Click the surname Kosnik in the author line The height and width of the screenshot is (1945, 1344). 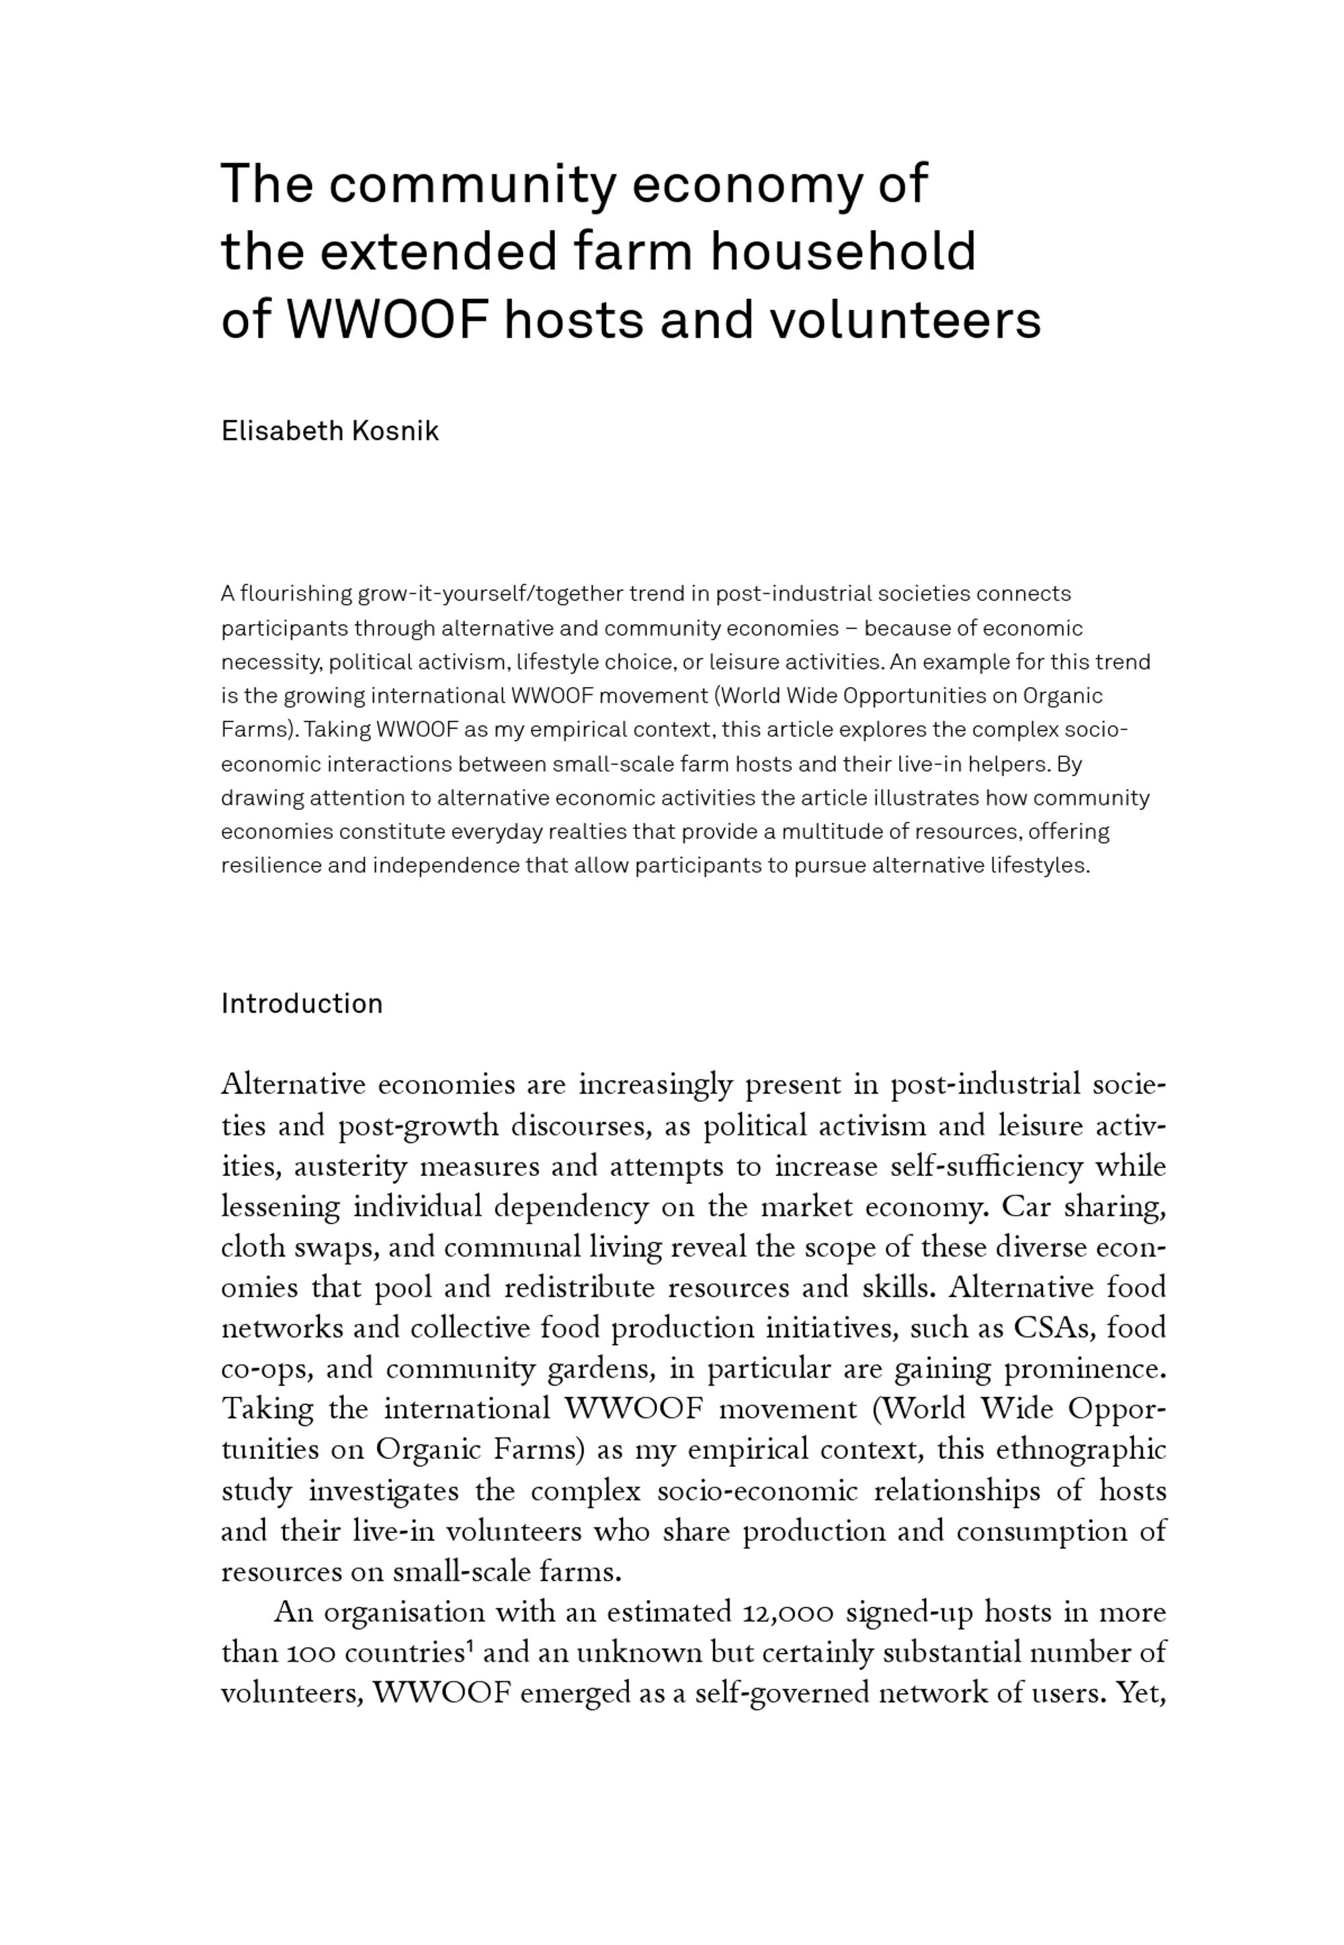(395, 431)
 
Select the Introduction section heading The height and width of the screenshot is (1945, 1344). (302, 1003)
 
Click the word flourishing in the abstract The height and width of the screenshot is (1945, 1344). (296, 594)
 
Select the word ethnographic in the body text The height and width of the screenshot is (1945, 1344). (1081, 1450)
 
